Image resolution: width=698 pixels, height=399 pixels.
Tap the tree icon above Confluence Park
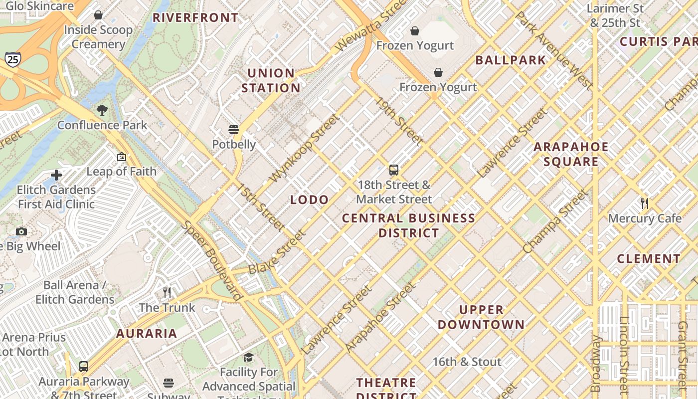102,110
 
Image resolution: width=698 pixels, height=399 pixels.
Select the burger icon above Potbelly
234,130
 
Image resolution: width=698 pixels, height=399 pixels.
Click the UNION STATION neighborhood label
271,81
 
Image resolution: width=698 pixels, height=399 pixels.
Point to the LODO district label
310,200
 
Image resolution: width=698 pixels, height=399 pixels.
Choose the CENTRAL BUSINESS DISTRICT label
409,225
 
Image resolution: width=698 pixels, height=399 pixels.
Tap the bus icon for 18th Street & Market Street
394,170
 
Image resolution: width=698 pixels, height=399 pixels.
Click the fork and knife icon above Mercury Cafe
645,203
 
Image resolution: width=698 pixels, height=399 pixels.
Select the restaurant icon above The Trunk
167,292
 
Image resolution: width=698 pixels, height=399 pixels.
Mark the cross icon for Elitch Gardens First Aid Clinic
56,175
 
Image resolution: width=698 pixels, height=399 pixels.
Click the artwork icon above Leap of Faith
121,157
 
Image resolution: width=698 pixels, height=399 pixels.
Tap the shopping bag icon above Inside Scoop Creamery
98,15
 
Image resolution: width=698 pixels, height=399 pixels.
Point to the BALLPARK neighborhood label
511,60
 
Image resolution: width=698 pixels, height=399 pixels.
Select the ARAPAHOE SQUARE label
571,154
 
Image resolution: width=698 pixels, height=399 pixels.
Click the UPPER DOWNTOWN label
481,317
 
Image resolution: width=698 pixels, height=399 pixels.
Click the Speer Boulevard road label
212,260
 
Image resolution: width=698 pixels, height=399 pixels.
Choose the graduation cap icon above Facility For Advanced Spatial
248,357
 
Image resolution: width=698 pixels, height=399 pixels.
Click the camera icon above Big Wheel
21,231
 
